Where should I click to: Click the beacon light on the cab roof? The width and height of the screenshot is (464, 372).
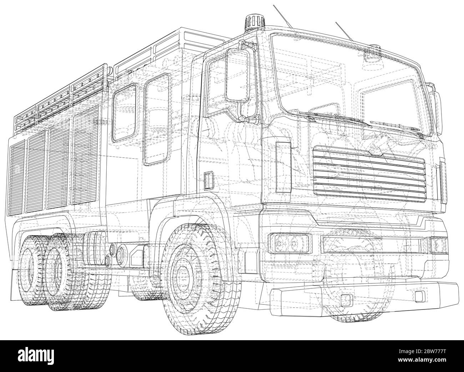coord(254,23)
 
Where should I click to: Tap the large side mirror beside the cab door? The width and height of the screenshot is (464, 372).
coord(238,75)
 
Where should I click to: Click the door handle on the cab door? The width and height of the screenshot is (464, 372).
coord(208,181)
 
